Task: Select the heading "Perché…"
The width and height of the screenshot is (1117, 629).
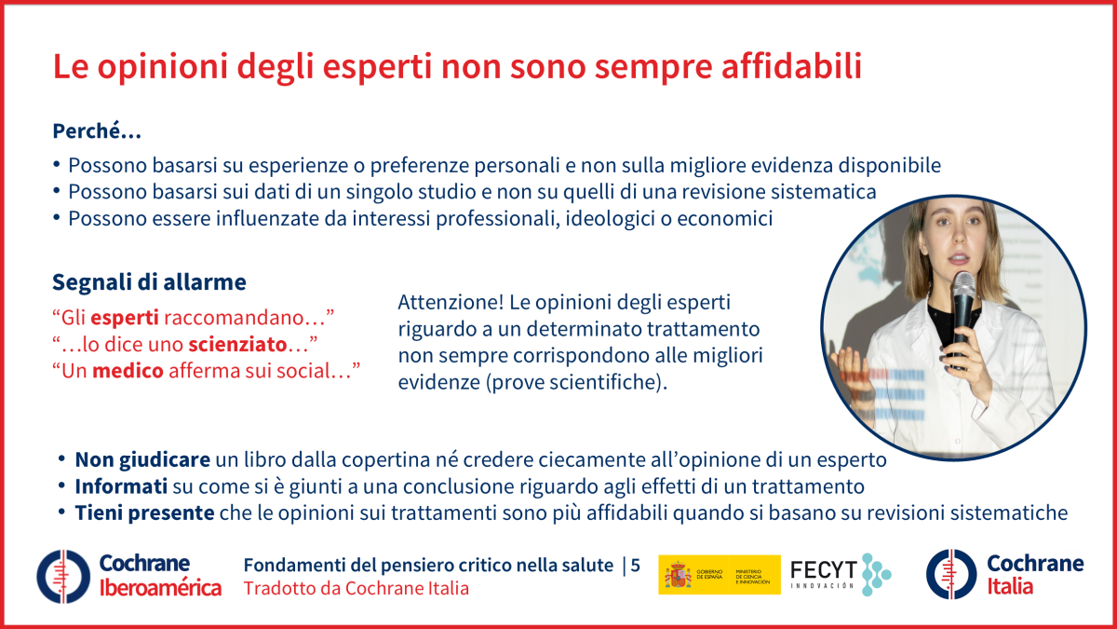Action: [97, 131]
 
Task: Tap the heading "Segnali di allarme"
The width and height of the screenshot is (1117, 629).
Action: [149, 281]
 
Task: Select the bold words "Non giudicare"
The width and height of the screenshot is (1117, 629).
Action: [142, 459]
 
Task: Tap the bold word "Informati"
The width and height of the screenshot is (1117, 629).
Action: [121, 486]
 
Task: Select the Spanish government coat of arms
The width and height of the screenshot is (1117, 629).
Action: [677, 575]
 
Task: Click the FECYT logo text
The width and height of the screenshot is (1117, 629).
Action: [823, 569]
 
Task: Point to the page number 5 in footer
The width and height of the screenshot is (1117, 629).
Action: [636, 565]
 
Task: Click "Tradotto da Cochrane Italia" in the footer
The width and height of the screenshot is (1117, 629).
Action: [356, 588]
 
